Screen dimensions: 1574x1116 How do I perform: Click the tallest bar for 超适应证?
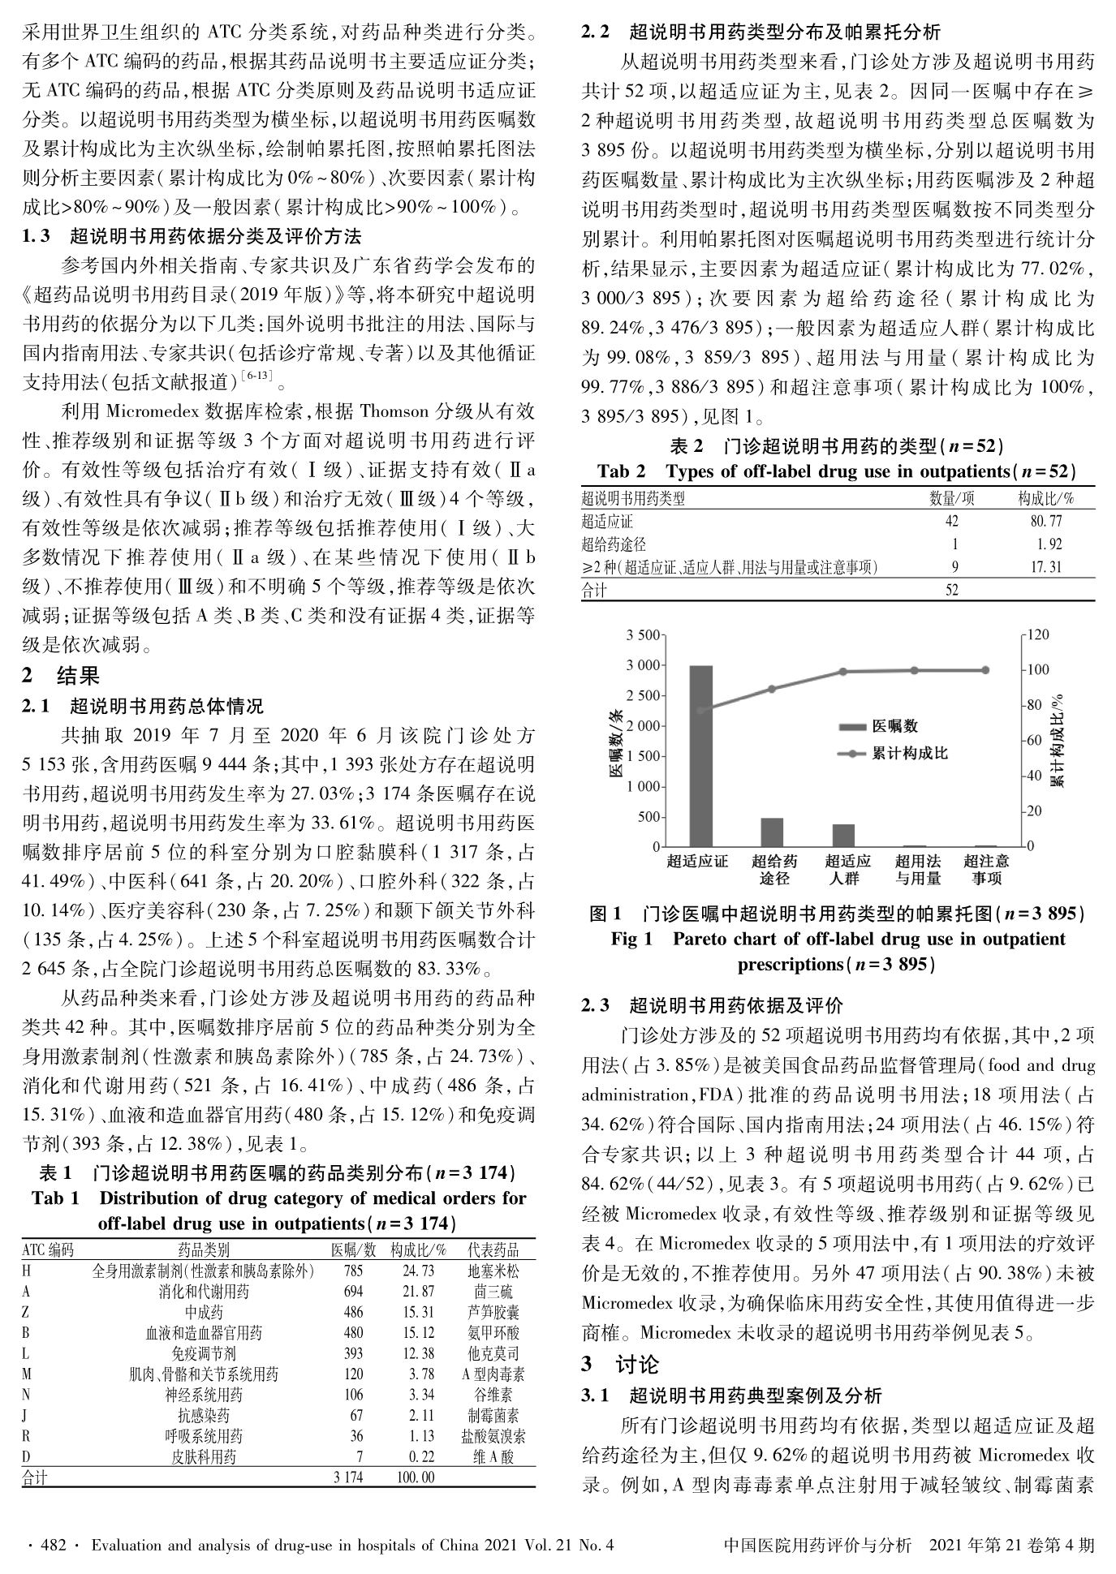pos(700,755)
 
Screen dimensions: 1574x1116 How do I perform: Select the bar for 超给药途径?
pos(772,832)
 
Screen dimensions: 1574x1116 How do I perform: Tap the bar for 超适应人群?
pos(843,836)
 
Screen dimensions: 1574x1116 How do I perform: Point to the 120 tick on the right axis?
pos(1039,634)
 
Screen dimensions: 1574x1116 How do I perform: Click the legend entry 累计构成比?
pos(909,753)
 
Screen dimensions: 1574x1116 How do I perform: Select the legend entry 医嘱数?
pos(894,725)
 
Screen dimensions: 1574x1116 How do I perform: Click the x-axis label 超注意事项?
pos(985,869)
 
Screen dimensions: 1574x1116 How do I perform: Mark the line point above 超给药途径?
pos(772,689)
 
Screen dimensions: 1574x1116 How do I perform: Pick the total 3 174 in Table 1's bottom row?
pos(349,1477)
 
